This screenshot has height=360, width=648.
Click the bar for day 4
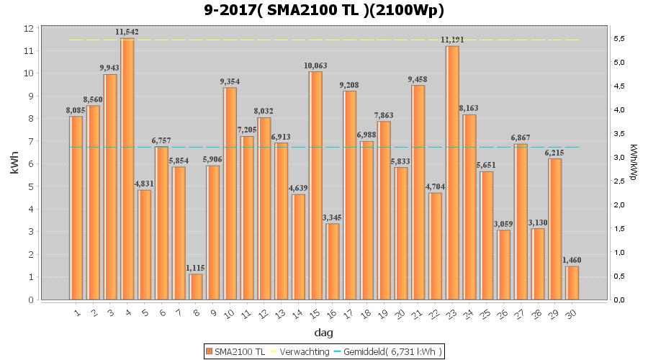(127, 169)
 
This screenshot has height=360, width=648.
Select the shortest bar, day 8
(196, 287)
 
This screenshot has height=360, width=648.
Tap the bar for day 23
(452, 173)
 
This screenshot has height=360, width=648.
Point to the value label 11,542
(127, 32)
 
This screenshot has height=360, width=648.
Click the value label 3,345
(333, 217)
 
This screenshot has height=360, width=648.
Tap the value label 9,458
(418, 79)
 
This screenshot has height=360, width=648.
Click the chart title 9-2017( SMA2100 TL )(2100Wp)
(324, 11)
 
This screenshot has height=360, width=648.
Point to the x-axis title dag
(324, 333)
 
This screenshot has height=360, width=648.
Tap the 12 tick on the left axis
(29, 28)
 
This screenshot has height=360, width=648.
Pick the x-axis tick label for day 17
(349, 313)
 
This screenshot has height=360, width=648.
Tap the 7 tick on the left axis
(31, 141)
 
